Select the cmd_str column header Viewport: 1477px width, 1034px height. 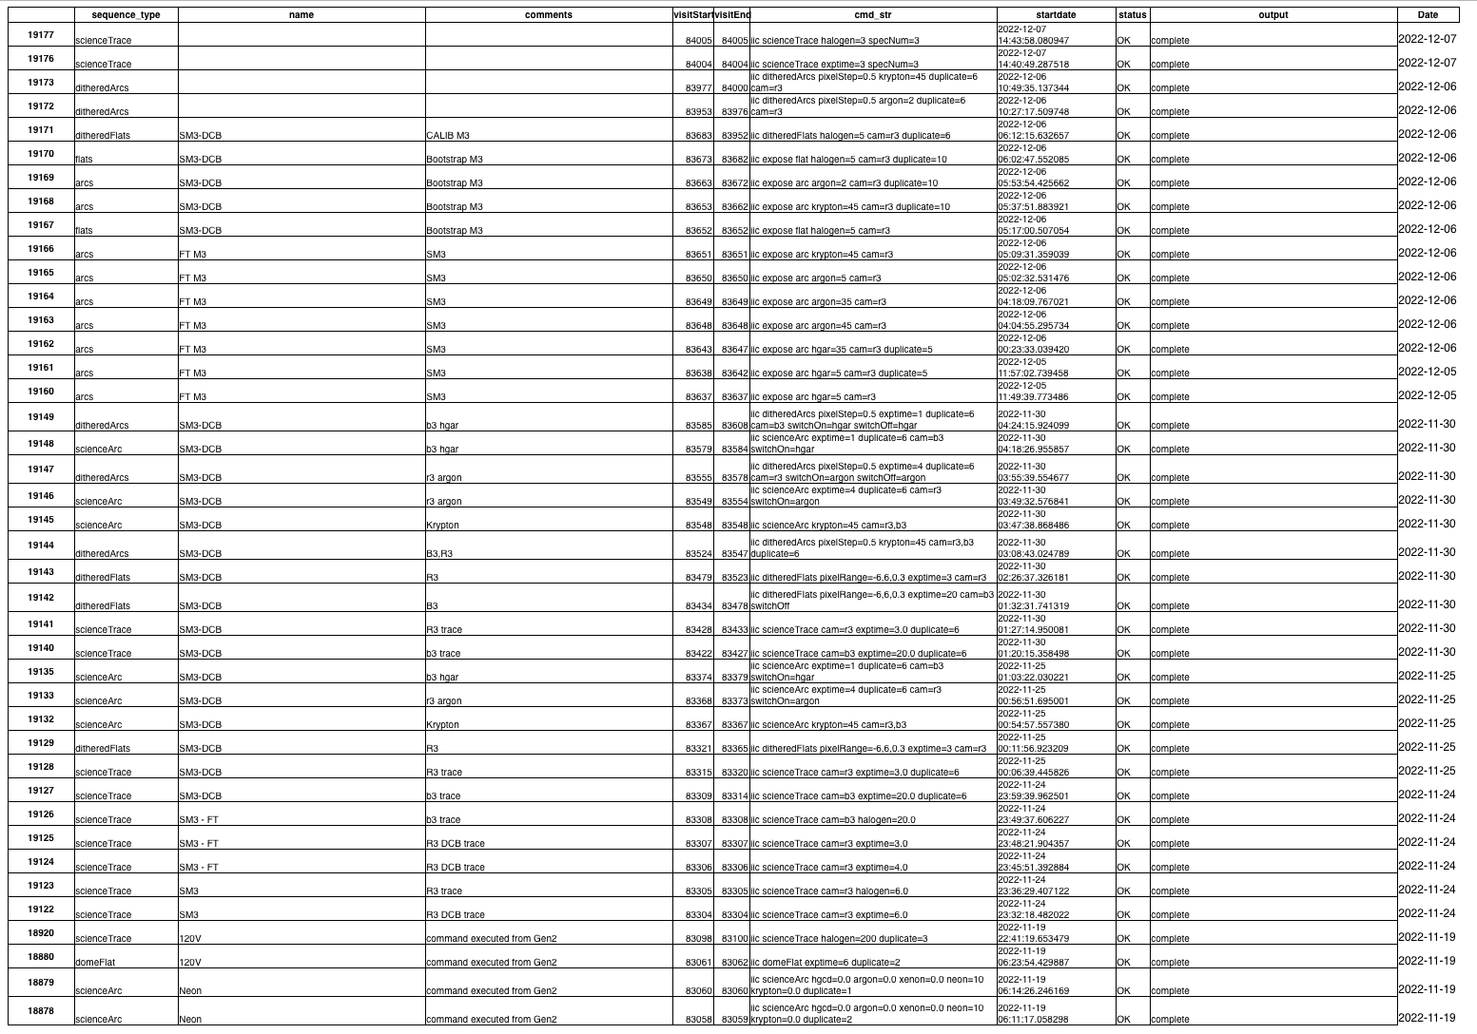(x=873, y=14)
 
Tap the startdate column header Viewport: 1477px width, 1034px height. (x=1056, y=14)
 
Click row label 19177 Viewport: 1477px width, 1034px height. (x=40, y=35)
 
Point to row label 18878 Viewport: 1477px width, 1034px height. (x=40, y=1011)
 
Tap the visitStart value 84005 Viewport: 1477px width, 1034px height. (x=698, y=41)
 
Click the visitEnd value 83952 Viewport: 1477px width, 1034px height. (x=734, y=136)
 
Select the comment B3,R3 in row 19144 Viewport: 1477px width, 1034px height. (x=439, y=553)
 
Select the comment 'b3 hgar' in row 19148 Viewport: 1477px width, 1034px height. (x=442, y=449)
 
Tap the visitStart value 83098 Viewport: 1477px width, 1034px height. (x=698, y=938)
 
